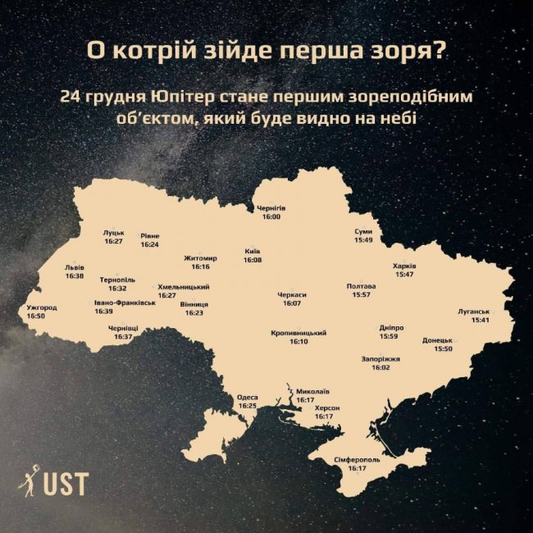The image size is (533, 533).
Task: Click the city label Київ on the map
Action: (253, 251)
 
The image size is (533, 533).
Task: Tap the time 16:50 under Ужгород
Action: (35, 316)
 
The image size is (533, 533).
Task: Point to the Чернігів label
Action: (271, 208)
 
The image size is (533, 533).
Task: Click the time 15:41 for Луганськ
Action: (480, 320)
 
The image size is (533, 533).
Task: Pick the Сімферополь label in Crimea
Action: (357, 460)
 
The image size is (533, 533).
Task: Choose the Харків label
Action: (405, 266)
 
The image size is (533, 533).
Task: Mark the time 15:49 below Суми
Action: (363, 240)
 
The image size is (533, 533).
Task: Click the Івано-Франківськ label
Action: (125, 303)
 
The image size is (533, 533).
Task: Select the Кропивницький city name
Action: (298, 333)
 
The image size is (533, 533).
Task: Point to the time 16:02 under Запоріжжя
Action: (380, 368)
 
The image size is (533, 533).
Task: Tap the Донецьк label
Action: (437, 340)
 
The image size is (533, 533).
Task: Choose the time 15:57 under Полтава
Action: (361, 294)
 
